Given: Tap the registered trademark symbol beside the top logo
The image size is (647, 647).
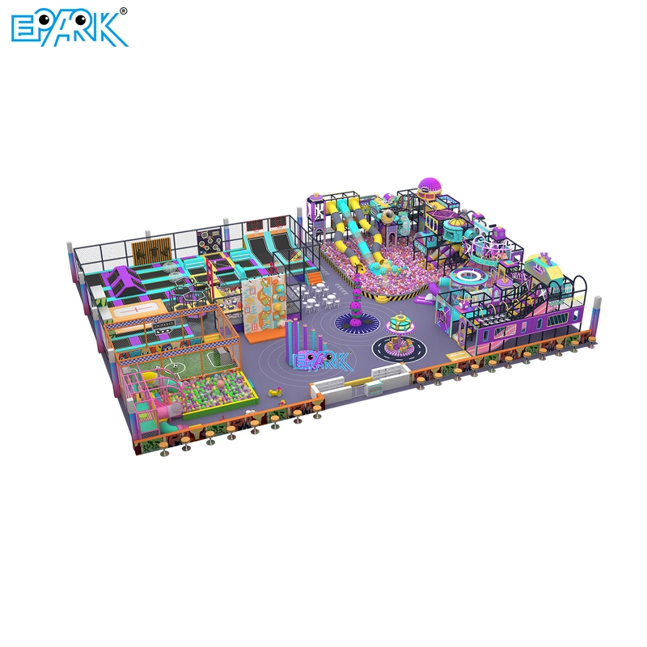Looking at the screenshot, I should (x=124, y=11).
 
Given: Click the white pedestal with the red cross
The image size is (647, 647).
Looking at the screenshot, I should (x=133, y=309).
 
